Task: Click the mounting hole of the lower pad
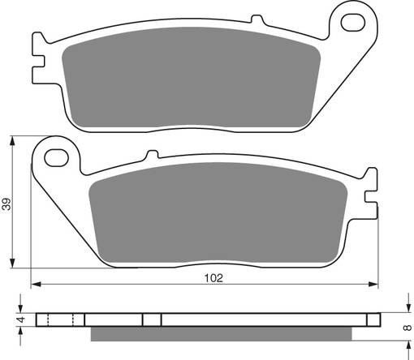click(57, 154)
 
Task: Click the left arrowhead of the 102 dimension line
click(35, 284)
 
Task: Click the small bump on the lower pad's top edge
click(151, 154)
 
